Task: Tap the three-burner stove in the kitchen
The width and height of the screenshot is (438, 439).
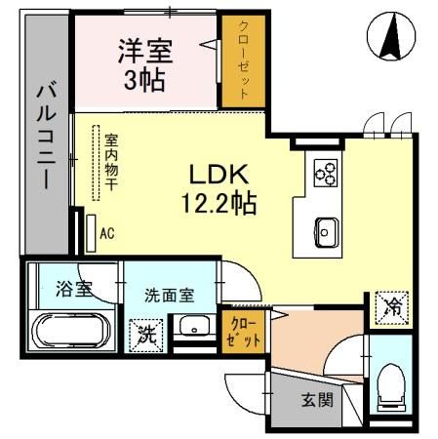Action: tap(325, 173)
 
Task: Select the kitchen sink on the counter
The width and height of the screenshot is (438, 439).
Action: tap(326, 231)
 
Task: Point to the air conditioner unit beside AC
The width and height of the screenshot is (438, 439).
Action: tap(89, 232)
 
